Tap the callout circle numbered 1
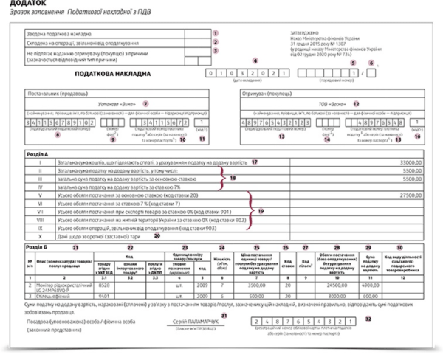click(x=216, y=32)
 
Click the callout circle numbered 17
click(x=255, y=161)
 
